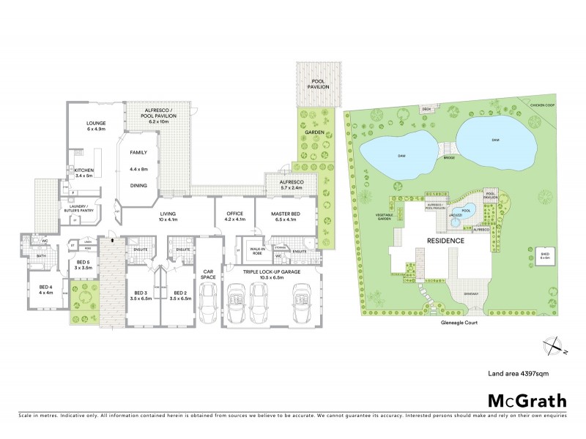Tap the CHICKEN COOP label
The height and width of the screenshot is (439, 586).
(537, 106)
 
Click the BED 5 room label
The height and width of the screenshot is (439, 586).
(83, 265)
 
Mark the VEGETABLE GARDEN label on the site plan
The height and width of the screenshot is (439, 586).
(385, 217)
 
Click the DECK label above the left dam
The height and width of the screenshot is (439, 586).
(426, 110)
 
